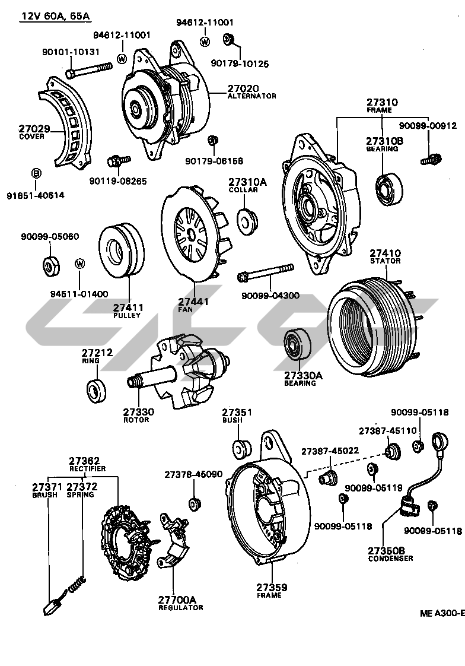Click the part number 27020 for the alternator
243,89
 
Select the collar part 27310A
247,220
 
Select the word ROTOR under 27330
136,420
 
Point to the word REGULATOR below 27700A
180,607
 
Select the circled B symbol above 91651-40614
36,173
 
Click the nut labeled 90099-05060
50,265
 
